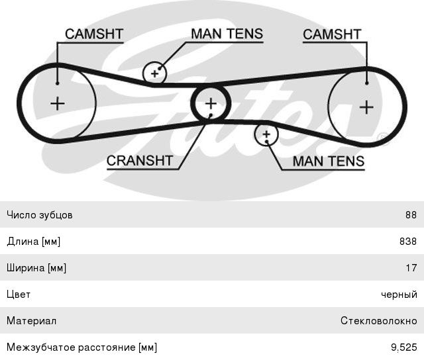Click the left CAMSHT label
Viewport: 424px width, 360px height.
93,34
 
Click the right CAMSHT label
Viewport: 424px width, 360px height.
332,34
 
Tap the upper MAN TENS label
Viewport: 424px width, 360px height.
227,33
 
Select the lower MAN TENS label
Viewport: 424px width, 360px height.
329,160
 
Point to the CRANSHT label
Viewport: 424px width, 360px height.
139,160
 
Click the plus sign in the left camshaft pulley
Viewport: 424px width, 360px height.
58,103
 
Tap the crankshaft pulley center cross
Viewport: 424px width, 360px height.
211,103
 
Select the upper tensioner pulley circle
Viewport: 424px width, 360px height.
155,72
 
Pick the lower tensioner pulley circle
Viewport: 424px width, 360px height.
266,134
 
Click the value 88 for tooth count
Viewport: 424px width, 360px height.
411,215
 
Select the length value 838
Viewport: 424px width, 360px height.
408,242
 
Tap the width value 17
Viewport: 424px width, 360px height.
411,268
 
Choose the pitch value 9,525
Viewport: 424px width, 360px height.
404,347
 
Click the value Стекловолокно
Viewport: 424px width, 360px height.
379,321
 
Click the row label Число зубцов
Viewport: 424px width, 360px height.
40,215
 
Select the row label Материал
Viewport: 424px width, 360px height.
31,321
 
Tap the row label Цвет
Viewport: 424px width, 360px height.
19,294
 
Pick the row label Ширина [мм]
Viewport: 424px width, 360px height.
36,268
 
